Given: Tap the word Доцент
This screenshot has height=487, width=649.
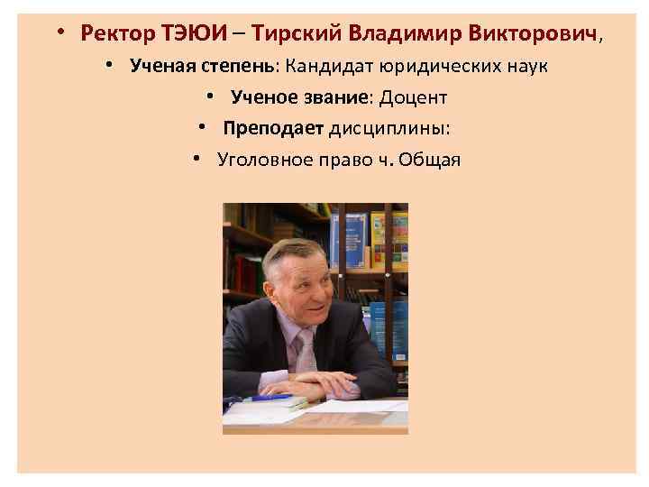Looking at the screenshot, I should click(x=416, y=97).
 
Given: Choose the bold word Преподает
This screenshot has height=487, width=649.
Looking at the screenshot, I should click(x=268, y=128).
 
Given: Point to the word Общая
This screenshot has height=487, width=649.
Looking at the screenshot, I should click(x=431, y=160).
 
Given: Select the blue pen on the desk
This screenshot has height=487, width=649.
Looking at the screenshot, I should click(x=270, y=398).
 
